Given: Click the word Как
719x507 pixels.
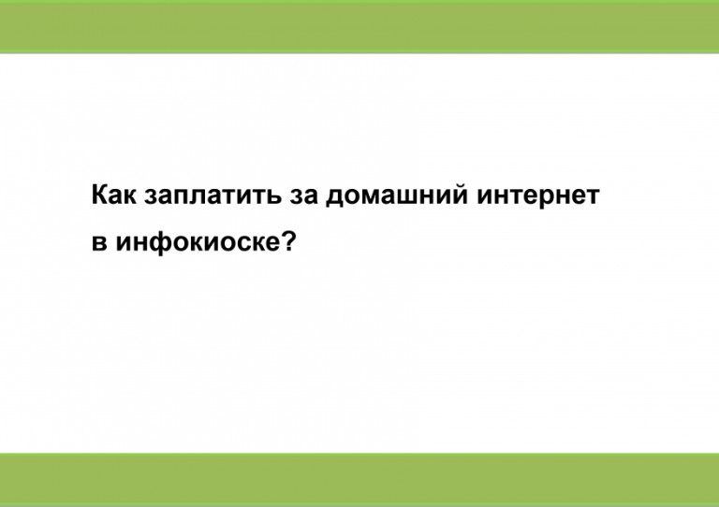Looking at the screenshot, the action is (x=113, y=195).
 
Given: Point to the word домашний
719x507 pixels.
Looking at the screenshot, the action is (x=397, y=196).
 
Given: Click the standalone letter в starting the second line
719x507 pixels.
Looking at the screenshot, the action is (x=99, y=242).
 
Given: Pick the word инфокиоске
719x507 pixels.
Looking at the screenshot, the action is (x=198, y=242).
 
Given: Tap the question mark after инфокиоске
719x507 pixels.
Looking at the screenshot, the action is (x=288, y=239).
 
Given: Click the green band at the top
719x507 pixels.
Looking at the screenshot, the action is (x=359, y=26).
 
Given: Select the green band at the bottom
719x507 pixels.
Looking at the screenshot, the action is (x=359, y=480).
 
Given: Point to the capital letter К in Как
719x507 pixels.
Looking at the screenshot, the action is (x=100, y=195).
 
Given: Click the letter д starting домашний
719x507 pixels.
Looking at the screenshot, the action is (x=335, y=198).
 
